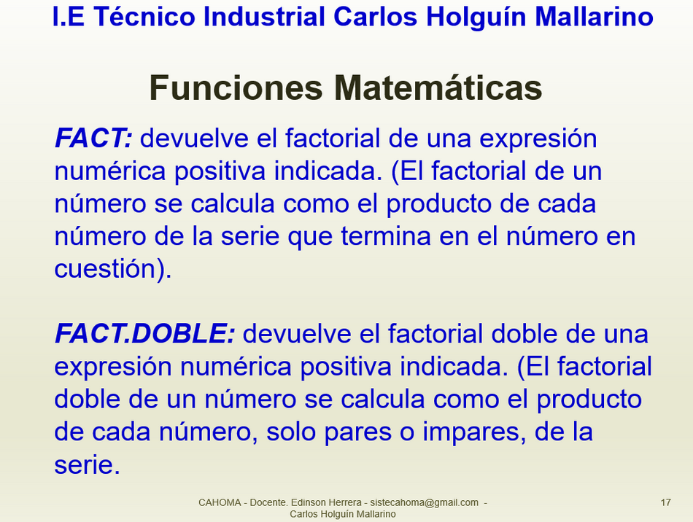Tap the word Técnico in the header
[x=144, y=17]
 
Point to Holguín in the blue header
[x=475, y=17]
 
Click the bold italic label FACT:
[x=93, y=138]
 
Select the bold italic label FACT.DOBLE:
[x=145, y=333]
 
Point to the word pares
[x=357, y=432]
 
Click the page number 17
[x=665, y=502]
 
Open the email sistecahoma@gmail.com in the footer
[x=424, y=502]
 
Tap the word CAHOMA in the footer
[x=220, y=502]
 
